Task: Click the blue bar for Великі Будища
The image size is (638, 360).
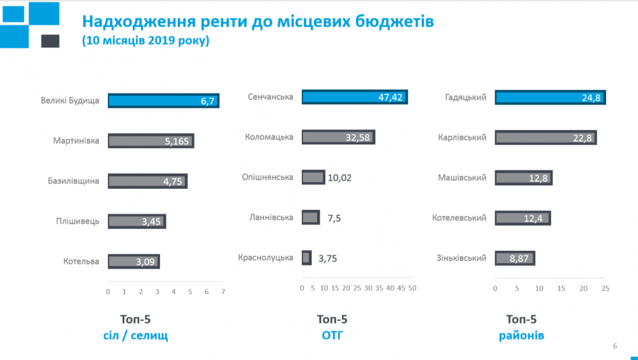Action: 163,101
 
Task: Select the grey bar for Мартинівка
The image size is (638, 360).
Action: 151,141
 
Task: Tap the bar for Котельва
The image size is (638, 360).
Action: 133,261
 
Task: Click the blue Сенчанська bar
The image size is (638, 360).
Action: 354,97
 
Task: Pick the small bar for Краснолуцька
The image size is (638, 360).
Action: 306,258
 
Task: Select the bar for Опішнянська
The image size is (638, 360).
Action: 313,177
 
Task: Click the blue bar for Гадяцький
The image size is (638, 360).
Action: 550,98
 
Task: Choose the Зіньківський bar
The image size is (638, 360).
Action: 514,258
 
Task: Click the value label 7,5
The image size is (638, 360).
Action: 334,218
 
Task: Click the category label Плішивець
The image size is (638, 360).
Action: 78,221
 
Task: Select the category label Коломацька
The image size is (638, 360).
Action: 269,137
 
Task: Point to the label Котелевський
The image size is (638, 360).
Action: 459,218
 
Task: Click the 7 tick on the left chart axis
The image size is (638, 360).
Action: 223,291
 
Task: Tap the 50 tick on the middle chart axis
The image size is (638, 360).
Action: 412,289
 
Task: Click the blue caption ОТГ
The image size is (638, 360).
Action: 332,335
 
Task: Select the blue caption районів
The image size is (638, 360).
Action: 521,335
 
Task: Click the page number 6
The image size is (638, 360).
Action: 614,346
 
